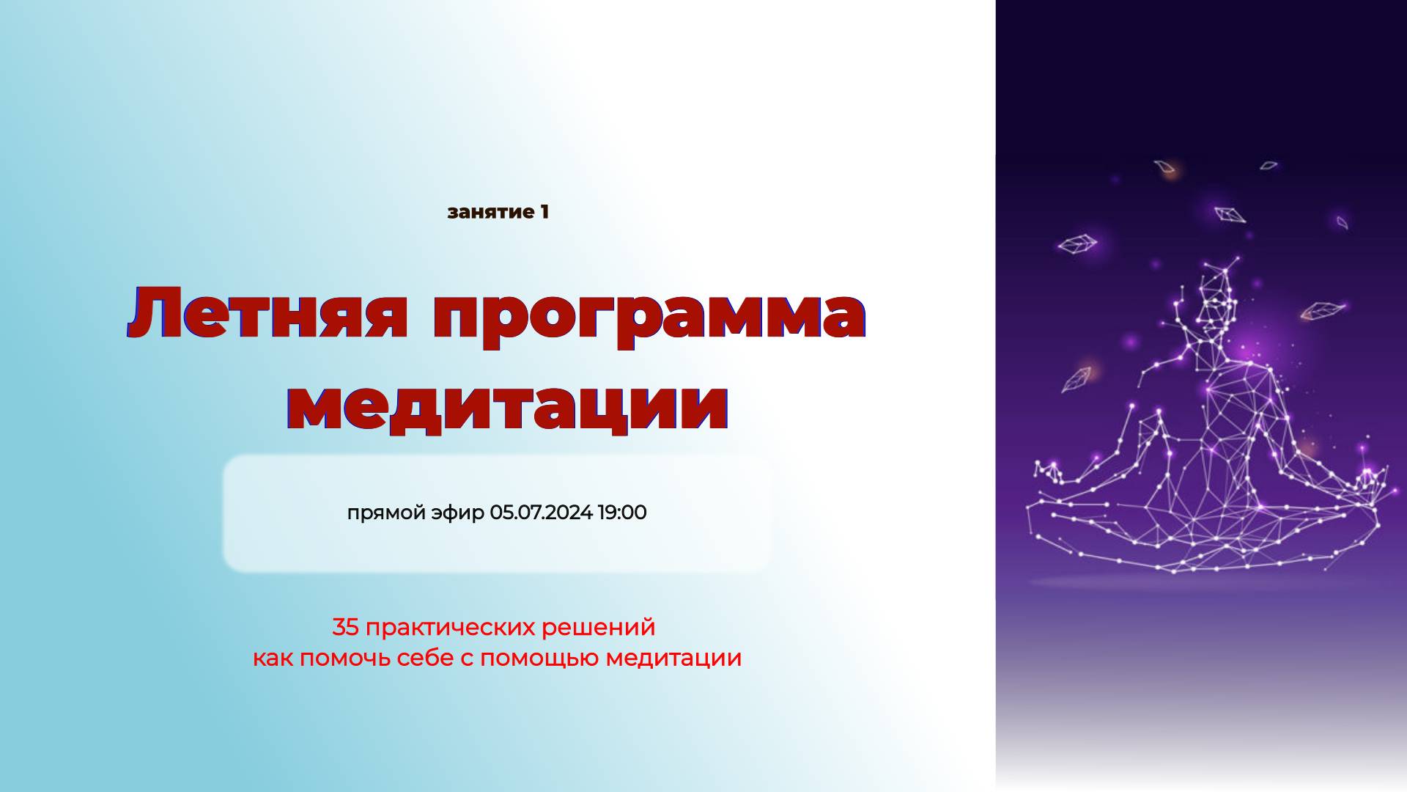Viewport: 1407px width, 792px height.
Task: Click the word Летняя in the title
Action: [x=268, y=314]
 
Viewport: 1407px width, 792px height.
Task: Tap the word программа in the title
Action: [x=649, y=315]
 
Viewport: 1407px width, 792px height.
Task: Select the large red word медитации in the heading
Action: [x=508, y=406]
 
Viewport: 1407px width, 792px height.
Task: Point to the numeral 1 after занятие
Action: [x=544, y=212]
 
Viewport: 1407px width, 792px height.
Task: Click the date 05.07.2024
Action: [x=541, y=513]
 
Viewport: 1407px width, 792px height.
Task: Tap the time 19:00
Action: [x=622, y=513]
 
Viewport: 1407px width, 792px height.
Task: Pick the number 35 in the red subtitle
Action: [x=344, y=628]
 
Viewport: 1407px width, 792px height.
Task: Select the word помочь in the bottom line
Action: [x=346, y=659]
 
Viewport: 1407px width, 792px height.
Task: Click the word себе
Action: [x=425, y=659]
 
